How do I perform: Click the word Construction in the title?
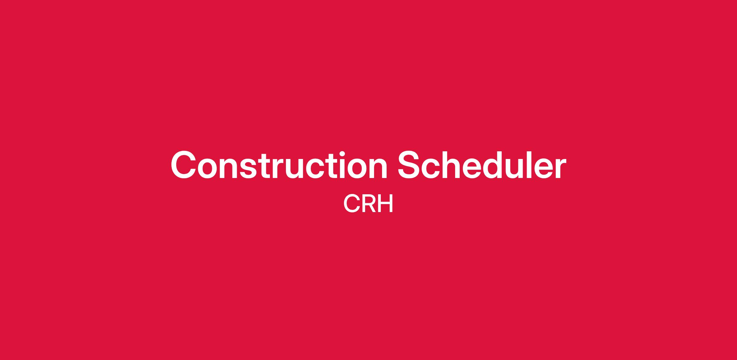pyautogui.click(x=279, y=165)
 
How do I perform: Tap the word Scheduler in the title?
pyautogui.click(x=482, y=165)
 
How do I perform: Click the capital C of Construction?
pyautogui.click(x=183, y=165)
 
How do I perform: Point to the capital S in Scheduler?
pyautogui.click(x=410, y=165)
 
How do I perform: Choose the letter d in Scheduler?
pyautogui.click(x=503, y=165)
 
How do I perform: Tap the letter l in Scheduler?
pyautogui.click(x=540, y=165)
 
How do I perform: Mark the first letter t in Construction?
pyautogui.click(x=264, y=166)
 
